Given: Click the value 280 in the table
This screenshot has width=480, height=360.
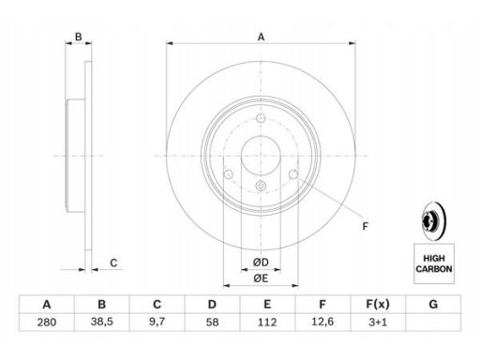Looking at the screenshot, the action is pyautogui.click(x=47, y=322).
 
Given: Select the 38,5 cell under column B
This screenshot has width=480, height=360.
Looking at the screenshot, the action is pyautogui.click(x=102, y=322).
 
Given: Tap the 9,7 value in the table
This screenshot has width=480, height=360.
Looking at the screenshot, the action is pyautogui.click(x=157, y=322).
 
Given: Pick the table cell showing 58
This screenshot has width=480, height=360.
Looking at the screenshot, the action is pyautogui.click(x=212, y=322).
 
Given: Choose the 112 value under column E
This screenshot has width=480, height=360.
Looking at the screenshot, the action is pyautogui.click(x=267, y=322).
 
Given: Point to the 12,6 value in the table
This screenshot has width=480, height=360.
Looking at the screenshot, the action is pyautogui.click(x=322, y=322).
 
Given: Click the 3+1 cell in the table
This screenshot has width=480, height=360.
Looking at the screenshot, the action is pyautogui.click(x=378, y=322).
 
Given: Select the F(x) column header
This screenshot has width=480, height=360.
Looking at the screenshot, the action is pyautogui.click(x=378, y=304).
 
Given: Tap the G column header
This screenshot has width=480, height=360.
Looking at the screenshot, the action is pyautogui.click(x=433, y=304).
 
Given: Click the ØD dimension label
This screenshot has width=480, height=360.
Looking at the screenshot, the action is pyautogui.click(x=261, y=262).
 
